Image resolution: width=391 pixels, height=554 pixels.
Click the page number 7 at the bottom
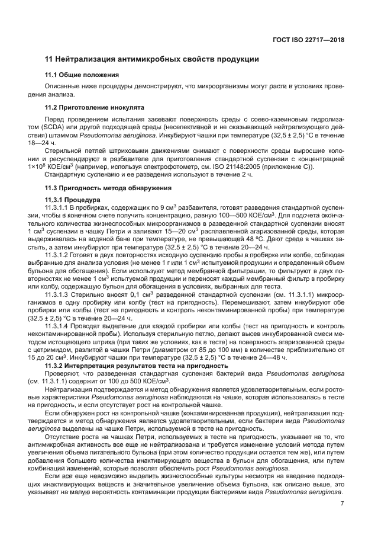pyautogui.click(x=342, y=504)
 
